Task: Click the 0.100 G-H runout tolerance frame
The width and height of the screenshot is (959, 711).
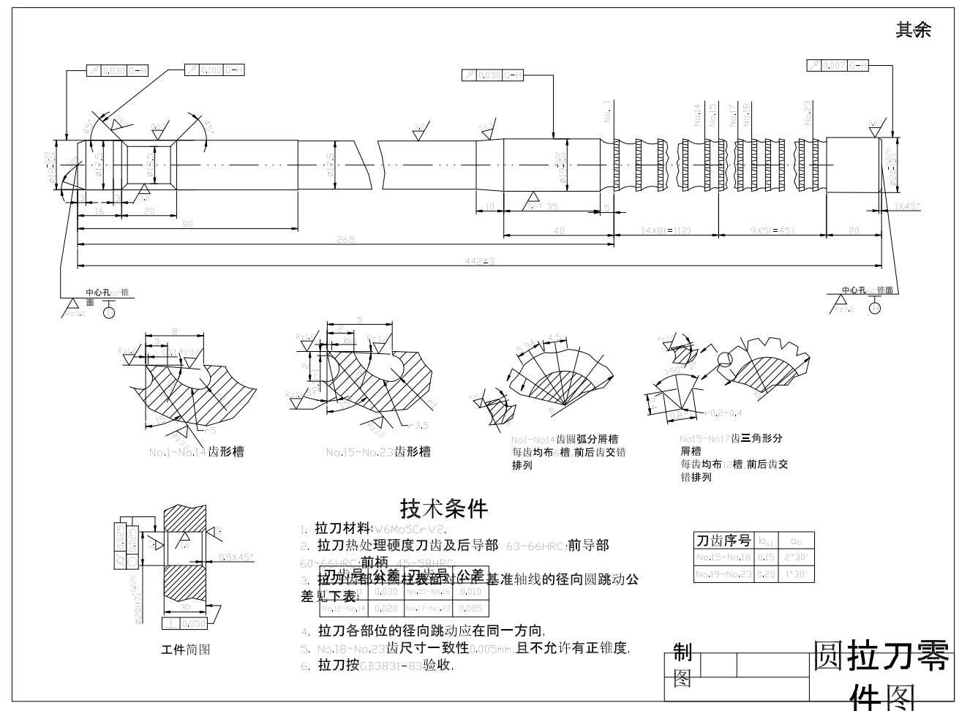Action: [214, 69]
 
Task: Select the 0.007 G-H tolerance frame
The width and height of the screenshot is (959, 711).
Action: [838, 66]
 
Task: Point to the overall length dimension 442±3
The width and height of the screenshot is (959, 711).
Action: [480, 261]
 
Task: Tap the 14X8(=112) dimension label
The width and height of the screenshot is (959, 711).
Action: [666, 231]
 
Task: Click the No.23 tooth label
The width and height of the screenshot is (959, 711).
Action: [808, 114]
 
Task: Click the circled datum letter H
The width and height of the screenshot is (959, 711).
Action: [875, 308]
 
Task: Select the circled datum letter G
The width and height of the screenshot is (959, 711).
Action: [109, 312]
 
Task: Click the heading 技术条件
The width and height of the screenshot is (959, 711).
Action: [443, 507]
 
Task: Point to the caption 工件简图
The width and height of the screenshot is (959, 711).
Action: [185, 649]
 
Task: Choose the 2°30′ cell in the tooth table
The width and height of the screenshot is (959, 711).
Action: [796, 557]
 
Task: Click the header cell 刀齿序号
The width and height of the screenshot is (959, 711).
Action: [723, 541]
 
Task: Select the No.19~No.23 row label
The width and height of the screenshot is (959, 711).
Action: [723, 574]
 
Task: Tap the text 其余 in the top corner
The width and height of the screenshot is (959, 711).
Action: [914, 30]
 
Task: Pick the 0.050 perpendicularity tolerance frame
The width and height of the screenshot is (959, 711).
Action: [185, 623]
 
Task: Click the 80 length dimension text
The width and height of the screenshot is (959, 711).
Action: [187, 224]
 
